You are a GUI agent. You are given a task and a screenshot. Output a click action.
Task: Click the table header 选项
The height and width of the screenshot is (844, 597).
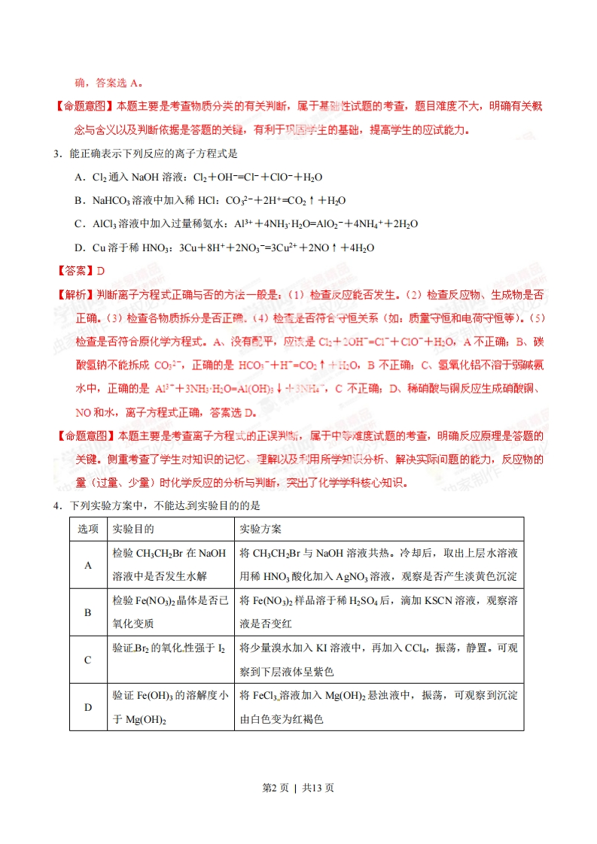point(87,529)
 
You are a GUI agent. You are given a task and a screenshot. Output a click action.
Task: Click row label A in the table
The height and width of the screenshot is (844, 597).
point(87,565)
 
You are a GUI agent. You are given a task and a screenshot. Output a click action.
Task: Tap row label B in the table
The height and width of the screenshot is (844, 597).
point(87,612)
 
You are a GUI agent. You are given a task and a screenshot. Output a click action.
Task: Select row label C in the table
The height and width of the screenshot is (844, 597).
point(87,660)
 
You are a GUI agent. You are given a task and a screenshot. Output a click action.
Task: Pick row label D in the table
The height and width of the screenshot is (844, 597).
point(87,707)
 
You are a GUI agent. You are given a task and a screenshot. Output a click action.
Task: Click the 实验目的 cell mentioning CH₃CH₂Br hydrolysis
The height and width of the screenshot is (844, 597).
point(169,565)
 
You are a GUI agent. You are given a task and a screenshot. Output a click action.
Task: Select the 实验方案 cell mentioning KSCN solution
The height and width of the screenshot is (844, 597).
point(378,612)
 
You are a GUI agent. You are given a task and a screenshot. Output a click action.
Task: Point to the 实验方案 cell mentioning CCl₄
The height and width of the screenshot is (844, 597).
point(378,660)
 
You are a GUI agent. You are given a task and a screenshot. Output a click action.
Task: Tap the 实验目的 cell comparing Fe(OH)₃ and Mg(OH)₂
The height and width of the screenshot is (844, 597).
point(169,707)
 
